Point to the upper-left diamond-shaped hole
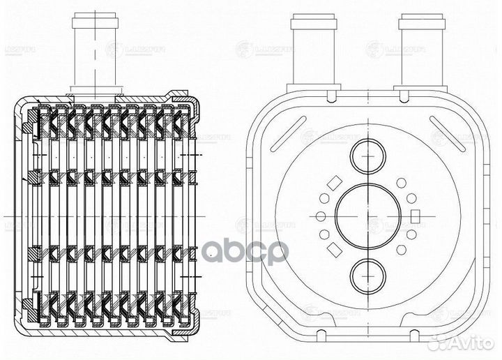[x=333, y=183]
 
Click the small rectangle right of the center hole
[x=416, y=214]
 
